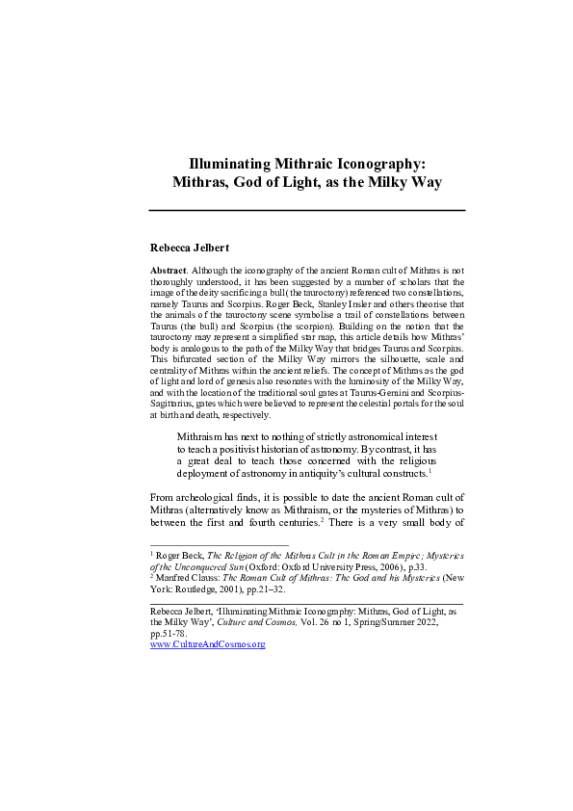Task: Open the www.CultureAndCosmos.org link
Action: click(x=208, y=643)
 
